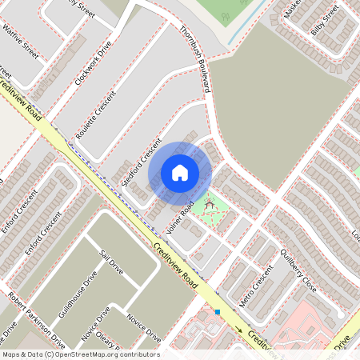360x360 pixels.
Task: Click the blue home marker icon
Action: [180, 173]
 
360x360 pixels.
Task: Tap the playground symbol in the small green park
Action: [210, 206]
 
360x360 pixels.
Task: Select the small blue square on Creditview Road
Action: [217, 311]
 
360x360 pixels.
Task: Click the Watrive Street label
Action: [19, 39]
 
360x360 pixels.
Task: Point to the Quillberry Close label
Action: [298, 271]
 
